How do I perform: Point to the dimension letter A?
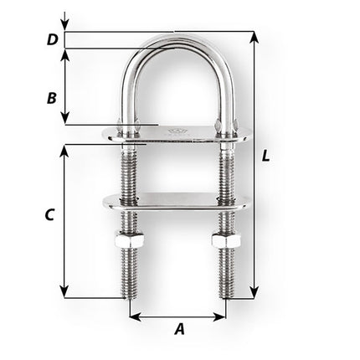[178, 329]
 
